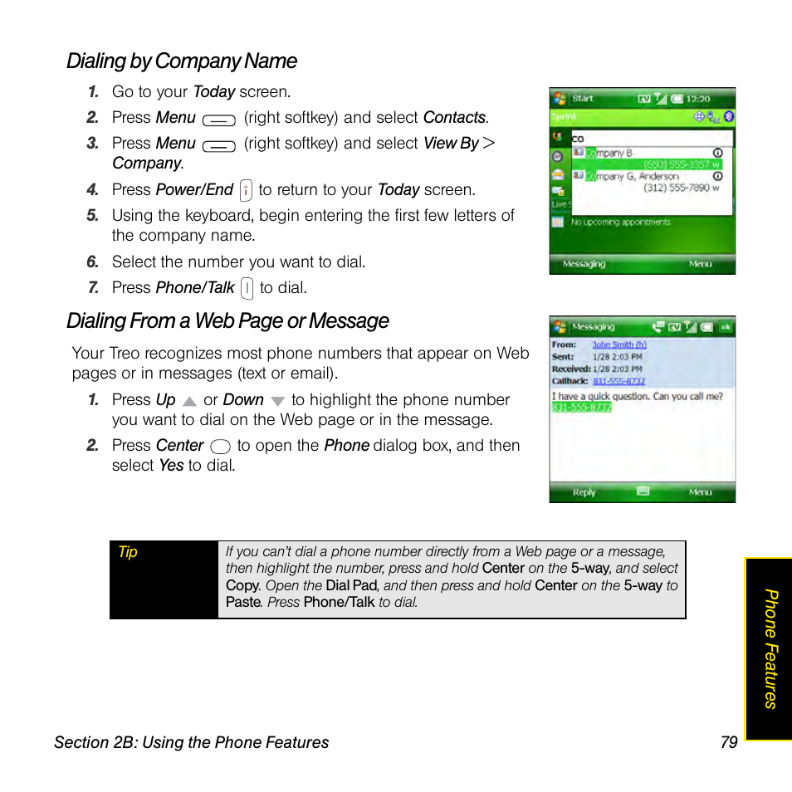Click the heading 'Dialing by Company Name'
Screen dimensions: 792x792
click(x=182, y=61)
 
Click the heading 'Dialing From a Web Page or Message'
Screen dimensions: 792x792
click(x=227, y=321)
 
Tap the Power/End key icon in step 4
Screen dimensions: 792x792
click(x=246, y=191)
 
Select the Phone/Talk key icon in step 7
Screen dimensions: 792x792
click(x=247, y=289)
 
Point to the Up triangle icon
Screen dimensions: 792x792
click(x=189, y=401)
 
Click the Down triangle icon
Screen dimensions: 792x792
click(x=277, y=401)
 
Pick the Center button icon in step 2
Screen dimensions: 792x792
click(x=220, y=447)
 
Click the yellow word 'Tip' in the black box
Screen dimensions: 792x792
click(x=128, y=552)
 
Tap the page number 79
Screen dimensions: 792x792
click(x=729, y=742)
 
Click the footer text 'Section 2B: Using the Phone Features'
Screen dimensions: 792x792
click(x=192, y=742)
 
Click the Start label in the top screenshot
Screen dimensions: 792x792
click(x=583, y=99)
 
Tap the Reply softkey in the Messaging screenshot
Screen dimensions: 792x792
click(x=584, y=492)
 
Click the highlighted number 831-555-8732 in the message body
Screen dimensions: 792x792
click(x=582, y=408)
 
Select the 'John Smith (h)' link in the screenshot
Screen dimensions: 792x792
click(x=618, y=345)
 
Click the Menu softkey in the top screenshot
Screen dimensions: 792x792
click(x=700, y=264)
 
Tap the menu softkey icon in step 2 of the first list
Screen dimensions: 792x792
click(x=218, y=120)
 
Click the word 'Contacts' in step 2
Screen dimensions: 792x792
click(x=454, y=118)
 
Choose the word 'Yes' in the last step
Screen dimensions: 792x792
click(x=171, y=466)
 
